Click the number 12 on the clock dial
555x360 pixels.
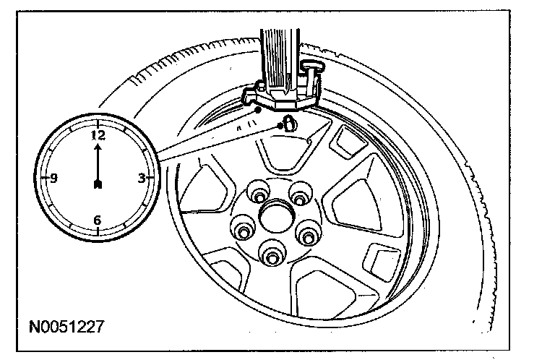[97, 134]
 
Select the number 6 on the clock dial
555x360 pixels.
[98, 220]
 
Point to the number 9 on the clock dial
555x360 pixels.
[53, 178]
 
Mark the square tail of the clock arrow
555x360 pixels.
[97, 185]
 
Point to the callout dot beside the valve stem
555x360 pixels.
[280, 126]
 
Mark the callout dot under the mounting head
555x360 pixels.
[258, 109]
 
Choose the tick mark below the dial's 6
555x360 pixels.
[98, 231]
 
